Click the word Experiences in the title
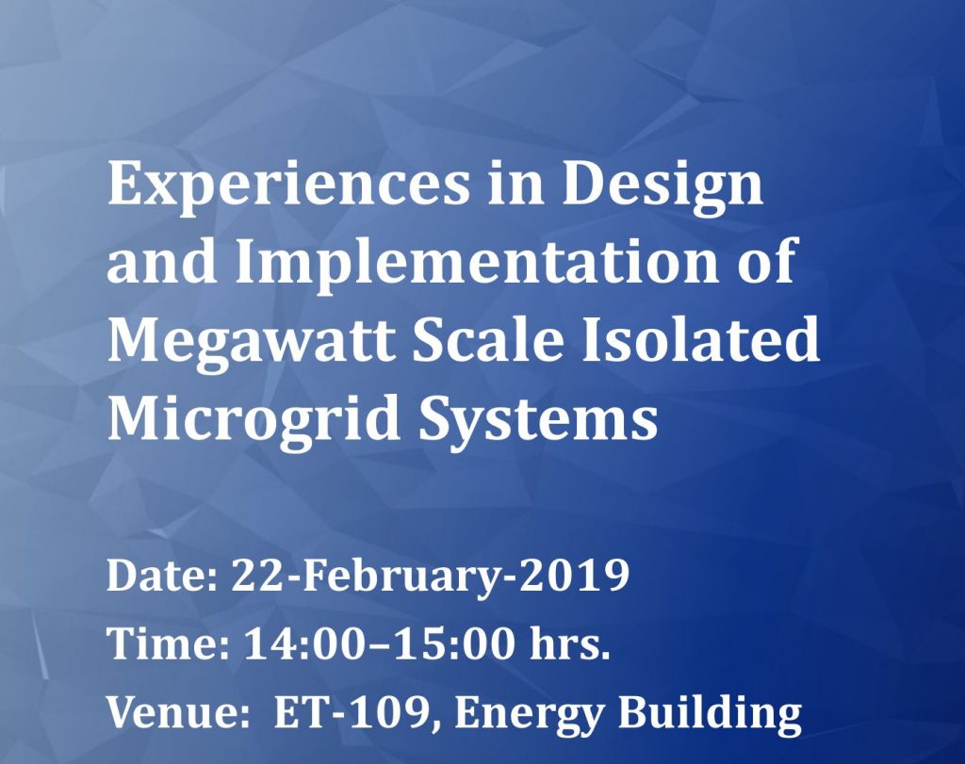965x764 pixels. pyautogui.click(x=287, y=187)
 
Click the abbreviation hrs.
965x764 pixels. pyautogui.click(x=570, y=642)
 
